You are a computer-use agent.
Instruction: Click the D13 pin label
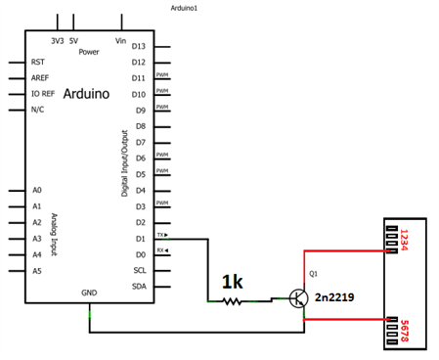[x=138, y=46]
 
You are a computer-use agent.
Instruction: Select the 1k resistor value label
[x=232, y=282]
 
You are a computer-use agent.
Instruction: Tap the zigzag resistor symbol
[x=232, y=301]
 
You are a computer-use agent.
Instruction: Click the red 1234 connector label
[x=403, y=240]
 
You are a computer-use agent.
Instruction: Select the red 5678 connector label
[x=403, y=330]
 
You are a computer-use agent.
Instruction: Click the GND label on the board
[x=89, y=292]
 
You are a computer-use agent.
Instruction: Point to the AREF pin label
[x=40, y=77]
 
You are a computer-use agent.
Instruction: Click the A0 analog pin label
[x=37, y=190]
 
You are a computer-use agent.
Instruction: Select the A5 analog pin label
[x=37, y=270]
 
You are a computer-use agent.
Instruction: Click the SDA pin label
[x=139, y=286]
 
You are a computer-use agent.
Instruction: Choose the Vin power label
[x=121, y=41]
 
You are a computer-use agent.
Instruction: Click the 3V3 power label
[x=58, y=41]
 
